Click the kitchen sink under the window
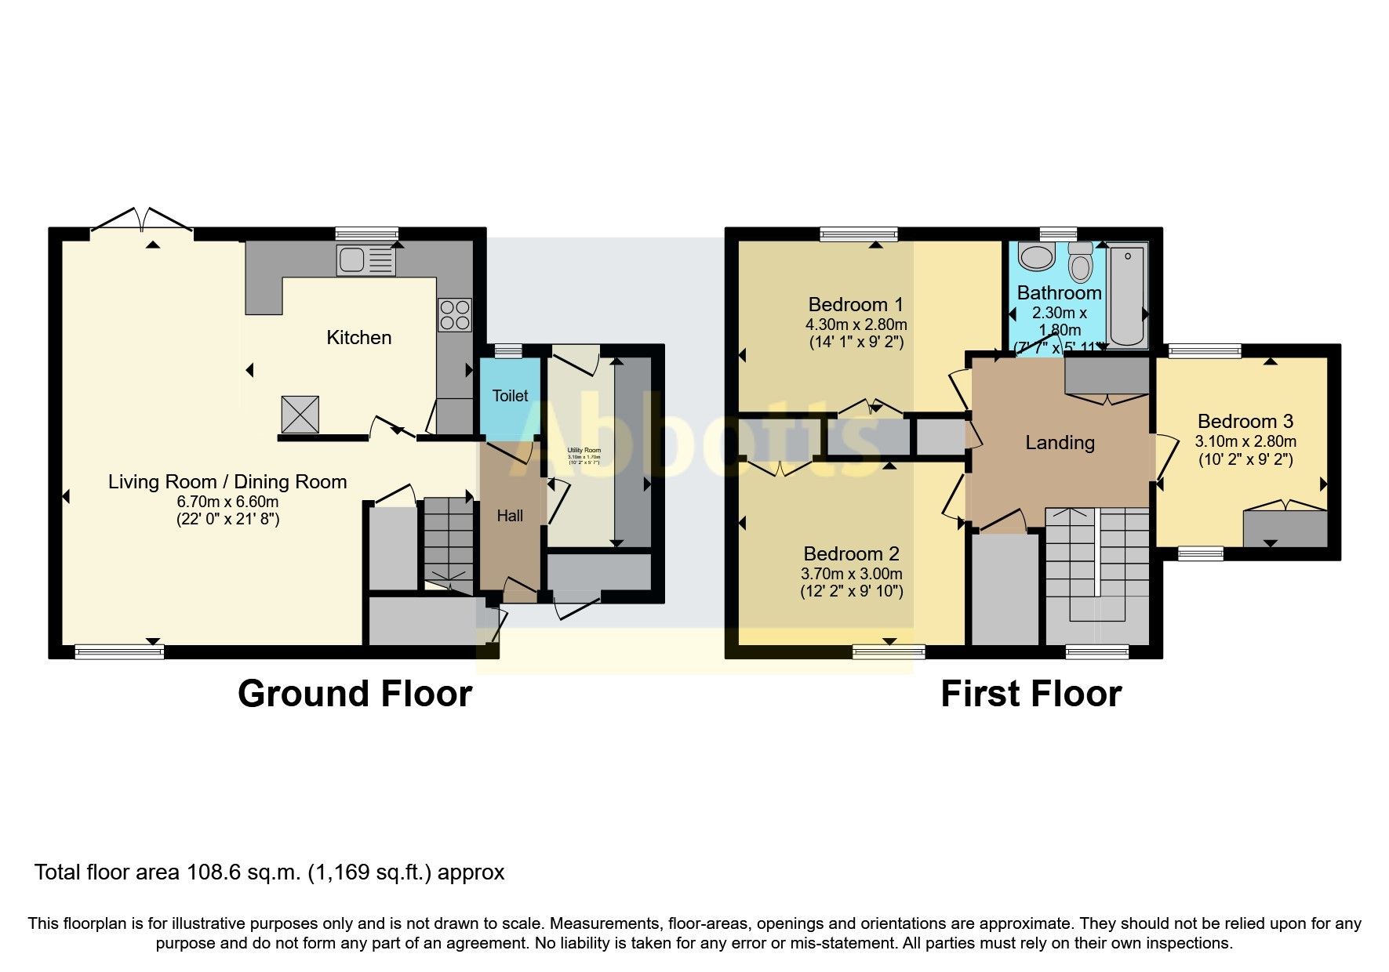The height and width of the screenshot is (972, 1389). tap(365, 260)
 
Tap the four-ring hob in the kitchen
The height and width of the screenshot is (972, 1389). tap(455, 315)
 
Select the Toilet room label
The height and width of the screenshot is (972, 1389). tap(510, 396)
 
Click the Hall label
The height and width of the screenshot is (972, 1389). tap(510, 516)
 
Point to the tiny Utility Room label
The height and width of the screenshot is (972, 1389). tap(584, 451)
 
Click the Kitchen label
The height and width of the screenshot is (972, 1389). tap(358, 338)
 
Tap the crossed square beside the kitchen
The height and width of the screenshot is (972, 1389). tap(300, 414)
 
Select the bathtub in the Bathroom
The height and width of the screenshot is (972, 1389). tap(1127, 295)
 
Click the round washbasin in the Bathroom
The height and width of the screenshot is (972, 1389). tap(1037, 256)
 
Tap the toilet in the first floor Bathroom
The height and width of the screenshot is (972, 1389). tap(1081, 263)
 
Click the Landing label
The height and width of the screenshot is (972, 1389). tap(1060, 443)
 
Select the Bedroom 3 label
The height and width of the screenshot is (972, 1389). tap(1245, 422)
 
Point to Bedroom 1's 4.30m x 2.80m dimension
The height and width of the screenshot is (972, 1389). tap(856, 325)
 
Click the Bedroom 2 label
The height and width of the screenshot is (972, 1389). tap(851, 554)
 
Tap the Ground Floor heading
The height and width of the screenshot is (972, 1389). tap(355, 694)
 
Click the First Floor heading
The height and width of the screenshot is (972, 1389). tap(1031, 694)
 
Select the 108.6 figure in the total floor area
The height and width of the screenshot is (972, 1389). tap(207, 872)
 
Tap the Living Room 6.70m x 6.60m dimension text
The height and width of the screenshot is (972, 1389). tap(227, 502)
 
